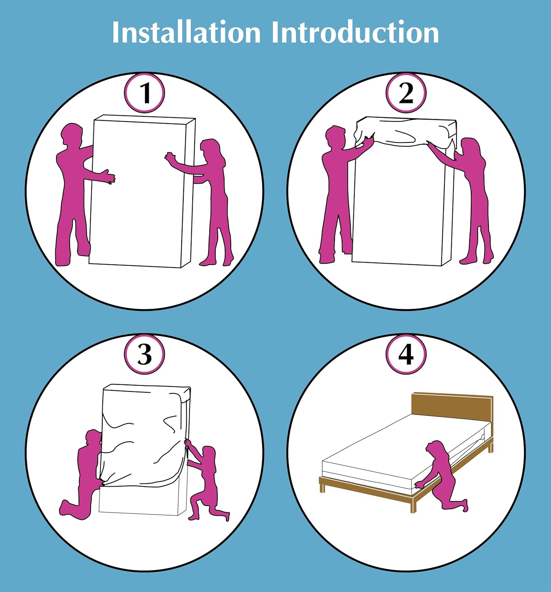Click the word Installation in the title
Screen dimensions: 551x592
[186, 32]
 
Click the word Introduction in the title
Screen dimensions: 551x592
[355, 32]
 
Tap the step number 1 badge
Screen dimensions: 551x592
[145, 93]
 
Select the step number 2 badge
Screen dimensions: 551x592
[406, 93]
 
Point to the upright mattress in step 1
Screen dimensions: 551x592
[142, 191]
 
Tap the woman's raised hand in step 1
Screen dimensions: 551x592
[170, 157]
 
